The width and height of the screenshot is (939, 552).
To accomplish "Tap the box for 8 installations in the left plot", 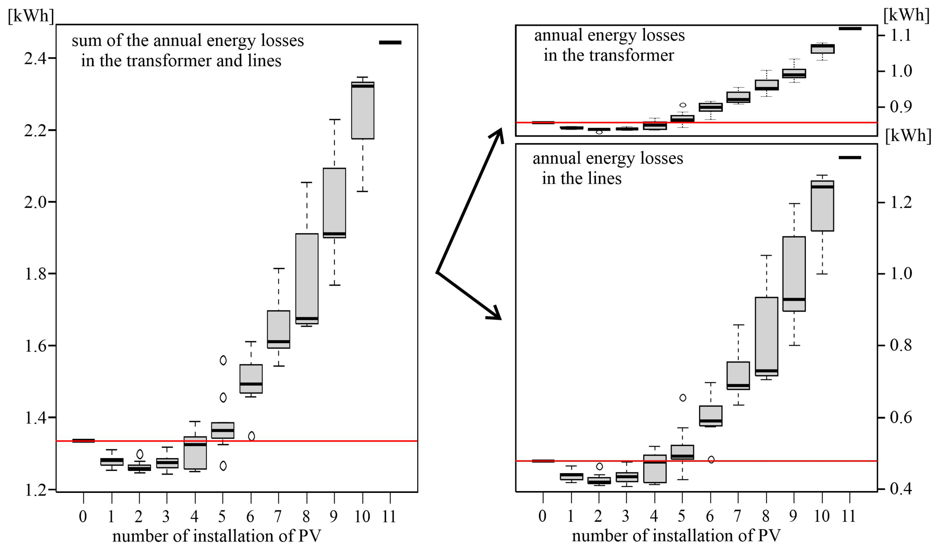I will [x=307, y=279].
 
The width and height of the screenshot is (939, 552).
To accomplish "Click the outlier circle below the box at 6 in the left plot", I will [x=252, y=436].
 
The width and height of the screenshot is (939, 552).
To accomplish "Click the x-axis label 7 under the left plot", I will [x=278, y=516].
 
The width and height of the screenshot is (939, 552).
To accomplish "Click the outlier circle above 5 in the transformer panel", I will [x=683, y=105].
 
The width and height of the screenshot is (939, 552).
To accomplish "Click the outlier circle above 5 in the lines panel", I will [x=683, y=398].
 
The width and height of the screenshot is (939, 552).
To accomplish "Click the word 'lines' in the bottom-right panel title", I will [x=607, y=178].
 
